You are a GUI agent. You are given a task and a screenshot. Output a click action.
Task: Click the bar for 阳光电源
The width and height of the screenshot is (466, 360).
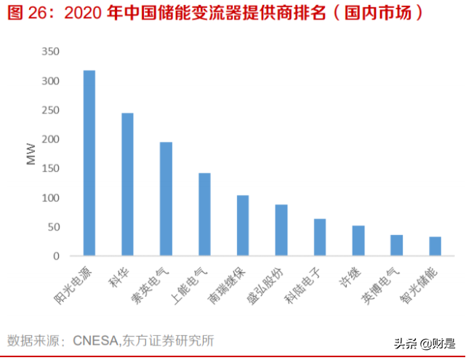(89, 163)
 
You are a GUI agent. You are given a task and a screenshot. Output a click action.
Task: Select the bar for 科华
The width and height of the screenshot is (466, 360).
(127, 184)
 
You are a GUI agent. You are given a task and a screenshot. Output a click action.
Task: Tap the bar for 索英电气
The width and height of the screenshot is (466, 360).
(166, 199)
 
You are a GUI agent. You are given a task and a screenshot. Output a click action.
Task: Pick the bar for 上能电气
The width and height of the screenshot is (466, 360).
(204, 215)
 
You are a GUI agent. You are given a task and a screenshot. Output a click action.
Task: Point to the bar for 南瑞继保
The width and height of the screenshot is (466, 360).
(243, 225)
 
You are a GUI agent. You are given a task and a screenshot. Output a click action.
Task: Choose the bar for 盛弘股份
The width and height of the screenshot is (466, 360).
(281, 230)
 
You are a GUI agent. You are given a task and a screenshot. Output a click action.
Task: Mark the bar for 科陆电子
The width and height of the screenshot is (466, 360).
(320, 237)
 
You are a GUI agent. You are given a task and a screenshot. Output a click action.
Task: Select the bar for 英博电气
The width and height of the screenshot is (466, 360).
(397, 245)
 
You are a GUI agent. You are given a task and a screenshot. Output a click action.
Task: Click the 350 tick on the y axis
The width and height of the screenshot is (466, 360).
(50, 52)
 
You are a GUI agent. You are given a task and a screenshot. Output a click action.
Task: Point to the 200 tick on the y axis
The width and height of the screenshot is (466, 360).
(50, 140)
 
